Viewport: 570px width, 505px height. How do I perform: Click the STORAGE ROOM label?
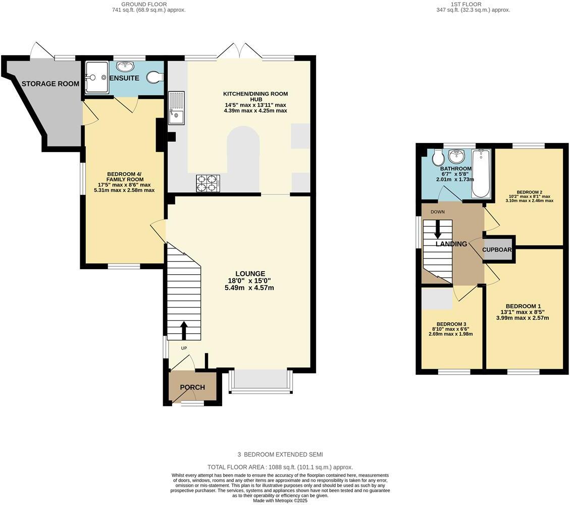(50, 84)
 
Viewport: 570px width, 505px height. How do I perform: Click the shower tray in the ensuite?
(96, 78)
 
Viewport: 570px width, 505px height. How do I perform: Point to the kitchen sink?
(177, 108)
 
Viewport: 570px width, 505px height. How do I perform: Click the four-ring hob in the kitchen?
(208, 182)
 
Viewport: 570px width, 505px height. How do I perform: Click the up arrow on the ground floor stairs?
(183, 330)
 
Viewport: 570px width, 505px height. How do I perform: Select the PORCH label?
(192, 387)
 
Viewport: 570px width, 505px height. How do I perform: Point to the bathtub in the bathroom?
(481, 173)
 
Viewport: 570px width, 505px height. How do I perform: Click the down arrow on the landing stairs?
(437, 229)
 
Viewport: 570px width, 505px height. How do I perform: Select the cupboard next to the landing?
(498, 249)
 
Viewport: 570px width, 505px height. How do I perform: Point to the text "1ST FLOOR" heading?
(473, 4)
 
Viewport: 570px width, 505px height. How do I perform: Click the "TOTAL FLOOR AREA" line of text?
(280, 467)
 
